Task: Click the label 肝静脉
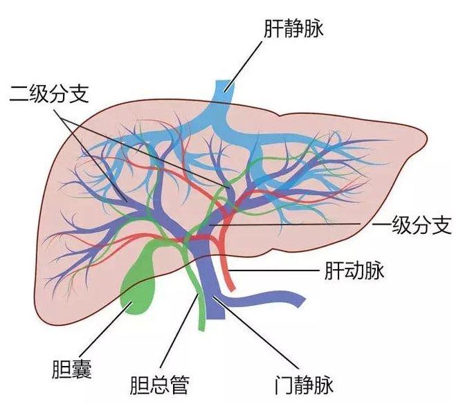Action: click(295, 29)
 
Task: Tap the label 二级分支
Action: click(49, 93)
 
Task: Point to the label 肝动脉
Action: click(354, 270)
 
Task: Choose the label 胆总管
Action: click(159, 385)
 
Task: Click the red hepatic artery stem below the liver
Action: click(230, 277)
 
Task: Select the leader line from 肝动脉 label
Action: click(277, 270)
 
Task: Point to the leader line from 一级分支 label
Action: click(291, 225)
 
